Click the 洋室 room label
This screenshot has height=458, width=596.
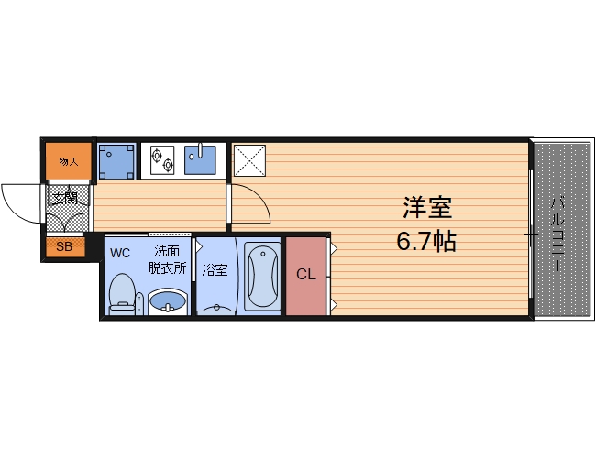[427, 207]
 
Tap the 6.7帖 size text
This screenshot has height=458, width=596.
[426, 241]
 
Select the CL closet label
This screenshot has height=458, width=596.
[306, 274]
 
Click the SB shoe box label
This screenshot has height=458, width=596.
[64, 246]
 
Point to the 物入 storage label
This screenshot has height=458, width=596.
[69, 162]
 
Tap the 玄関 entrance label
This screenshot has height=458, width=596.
[65, 198]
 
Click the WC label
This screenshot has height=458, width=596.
[120, 253]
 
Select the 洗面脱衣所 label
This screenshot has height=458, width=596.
[167, 260]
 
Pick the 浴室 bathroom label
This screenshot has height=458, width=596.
[215, 270]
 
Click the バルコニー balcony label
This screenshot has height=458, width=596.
[557, 234]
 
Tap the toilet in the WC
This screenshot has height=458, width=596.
[122, 294]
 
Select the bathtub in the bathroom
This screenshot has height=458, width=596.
[262, 278]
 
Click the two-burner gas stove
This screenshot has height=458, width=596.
[162, 159]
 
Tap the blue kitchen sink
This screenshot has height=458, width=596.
[200, 159]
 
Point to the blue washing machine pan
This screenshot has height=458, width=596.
[116, 161]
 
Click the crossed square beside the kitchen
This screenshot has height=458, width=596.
[249, 160]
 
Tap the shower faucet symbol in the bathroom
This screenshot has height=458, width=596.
[216, 309]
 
